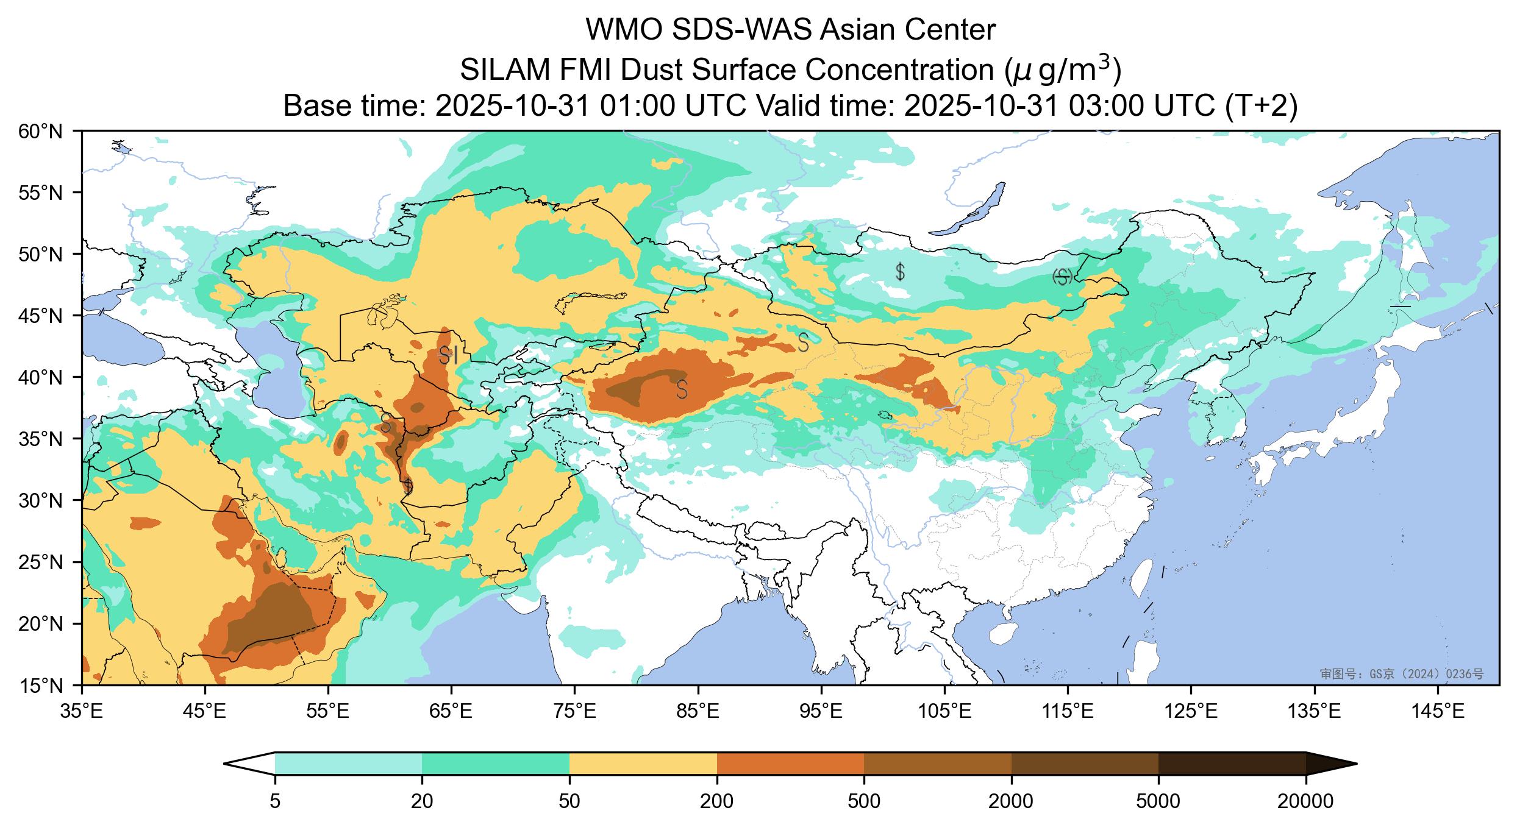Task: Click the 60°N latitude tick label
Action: (45, 131)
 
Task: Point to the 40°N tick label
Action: (45, 377)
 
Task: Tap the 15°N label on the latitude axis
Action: (45, 686)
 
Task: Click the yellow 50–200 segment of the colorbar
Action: (643, 764)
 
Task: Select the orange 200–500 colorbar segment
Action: (790, 764)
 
